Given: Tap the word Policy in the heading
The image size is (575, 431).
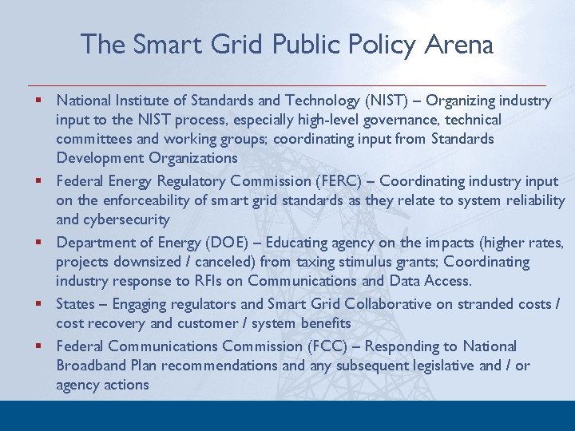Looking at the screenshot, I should pos(375,45).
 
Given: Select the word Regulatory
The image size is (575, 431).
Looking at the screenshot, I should pos(189,181).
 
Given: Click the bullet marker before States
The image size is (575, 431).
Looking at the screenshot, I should pos(38,303).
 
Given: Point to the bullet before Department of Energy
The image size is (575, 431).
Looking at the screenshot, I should pos(38,242).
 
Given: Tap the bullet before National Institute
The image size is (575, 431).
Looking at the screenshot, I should pos(38,101).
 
